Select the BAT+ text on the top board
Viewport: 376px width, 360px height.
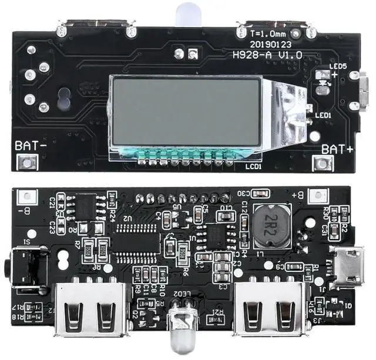340,149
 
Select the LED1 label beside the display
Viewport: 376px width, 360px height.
324,115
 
